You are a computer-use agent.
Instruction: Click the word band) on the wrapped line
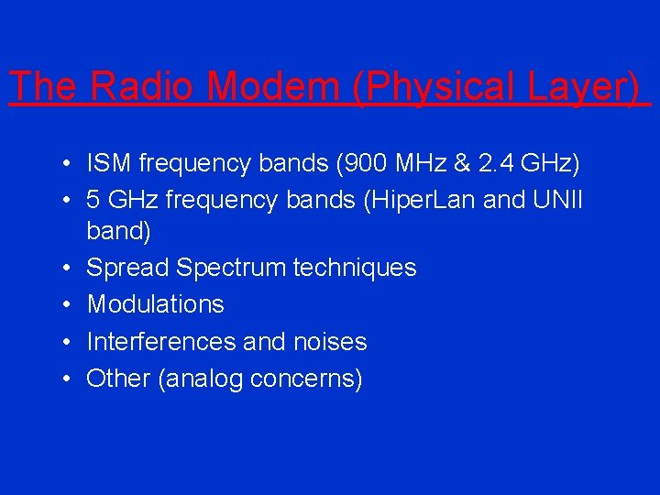(x=119, y=232)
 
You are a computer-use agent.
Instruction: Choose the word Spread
(x=127, y=268)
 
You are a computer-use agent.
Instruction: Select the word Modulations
(x=155, y=304)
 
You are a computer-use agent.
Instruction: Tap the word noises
(x=330, y=342)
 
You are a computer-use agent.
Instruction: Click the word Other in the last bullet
(x=119, y=379)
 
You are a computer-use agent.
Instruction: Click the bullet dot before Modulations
(x=68, y=305)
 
